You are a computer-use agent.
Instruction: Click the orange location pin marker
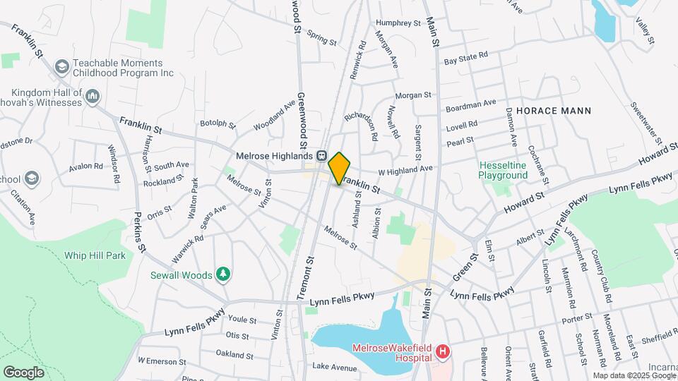click(x=339, y=168)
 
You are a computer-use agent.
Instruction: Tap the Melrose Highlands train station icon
click(x=321, y=155)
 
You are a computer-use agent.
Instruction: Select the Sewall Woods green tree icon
click(x=224, y=274)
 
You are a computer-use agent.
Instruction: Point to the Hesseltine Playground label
click(x=503, y=169)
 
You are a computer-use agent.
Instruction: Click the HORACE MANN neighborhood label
click(x=553, y=111)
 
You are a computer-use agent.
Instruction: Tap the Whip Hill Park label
click(x=94, y=255)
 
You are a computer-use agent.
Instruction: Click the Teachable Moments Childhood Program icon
click(x=61, y=66)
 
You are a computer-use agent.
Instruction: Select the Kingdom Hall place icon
click(x=93, y=96)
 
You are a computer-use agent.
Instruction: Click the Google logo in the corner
click(x=23, y=372)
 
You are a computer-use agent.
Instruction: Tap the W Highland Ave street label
click(x=405, y=169)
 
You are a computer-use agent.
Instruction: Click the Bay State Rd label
click(x=465, y=56)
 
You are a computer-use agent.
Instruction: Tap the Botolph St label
click(x=217, y=123)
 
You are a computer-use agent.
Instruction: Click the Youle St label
click(x=242, y=319)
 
